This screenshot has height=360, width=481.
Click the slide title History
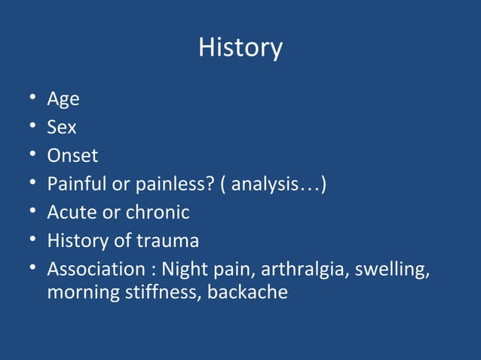click(240, 48)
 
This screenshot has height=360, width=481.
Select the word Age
click(63, 99)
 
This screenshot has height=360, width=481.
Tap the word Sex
click(62, 127)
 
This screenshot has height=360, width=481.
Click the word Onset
click(72, 156)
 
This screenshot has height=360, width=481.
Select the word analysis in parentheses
click(274, 185)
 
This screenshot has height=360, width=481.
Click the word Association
click(95, 270)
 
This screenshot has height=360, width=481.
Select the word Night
click(188, 270)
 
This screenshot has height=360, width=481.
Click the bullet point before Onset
click(27, 157)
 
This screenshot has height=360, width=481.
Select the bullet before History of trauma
click(27, 242)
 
